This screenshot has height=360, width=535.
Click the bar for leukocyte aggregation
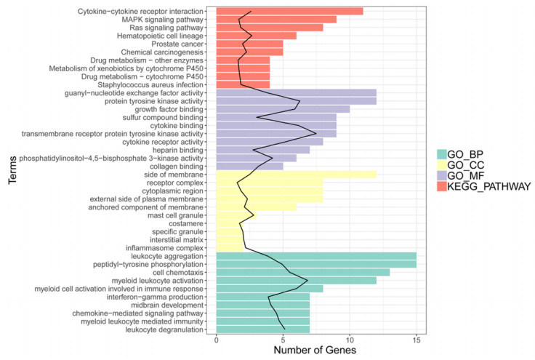click(316, 256)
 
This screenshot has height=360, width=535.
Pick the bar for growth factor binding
click(283, 109)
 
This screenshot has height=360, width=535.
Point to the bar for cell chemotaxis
click(303, 272)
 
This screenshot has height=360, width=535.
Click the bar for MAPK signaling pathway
click(276, 19)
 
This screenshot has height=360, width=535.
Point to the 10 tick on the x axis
click(350, 340)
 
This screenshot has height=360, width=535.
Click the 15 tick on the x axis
click(417, 340)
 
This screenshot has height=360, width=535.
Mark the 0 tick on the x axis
click(217, 340)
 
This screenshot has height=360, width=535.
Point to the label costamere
click(193, 223)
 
